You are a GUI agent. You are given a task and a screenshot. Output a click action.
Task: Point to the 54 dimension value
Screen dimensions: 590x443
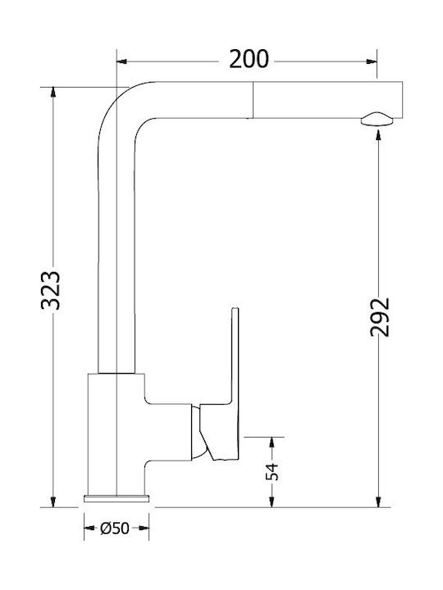(273, 471)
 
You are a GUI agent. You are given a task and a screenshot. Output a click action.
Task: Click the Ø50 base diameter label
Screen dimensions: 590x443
(116, 529)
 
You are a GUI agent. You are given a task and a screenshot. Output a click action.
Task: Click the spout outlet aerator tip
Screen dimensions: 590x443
(377, 119)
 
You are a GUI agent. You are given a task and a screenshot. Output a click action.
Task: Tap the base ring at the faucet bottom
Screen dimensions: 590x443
(116, 498)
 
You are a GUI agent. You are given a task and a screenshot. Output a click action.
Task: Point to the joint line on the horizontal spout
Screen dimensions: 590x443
(251, 100)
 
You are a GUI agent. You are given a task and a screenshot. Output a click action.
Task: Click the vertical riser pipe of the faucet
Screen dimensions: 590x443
(116, 246)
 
